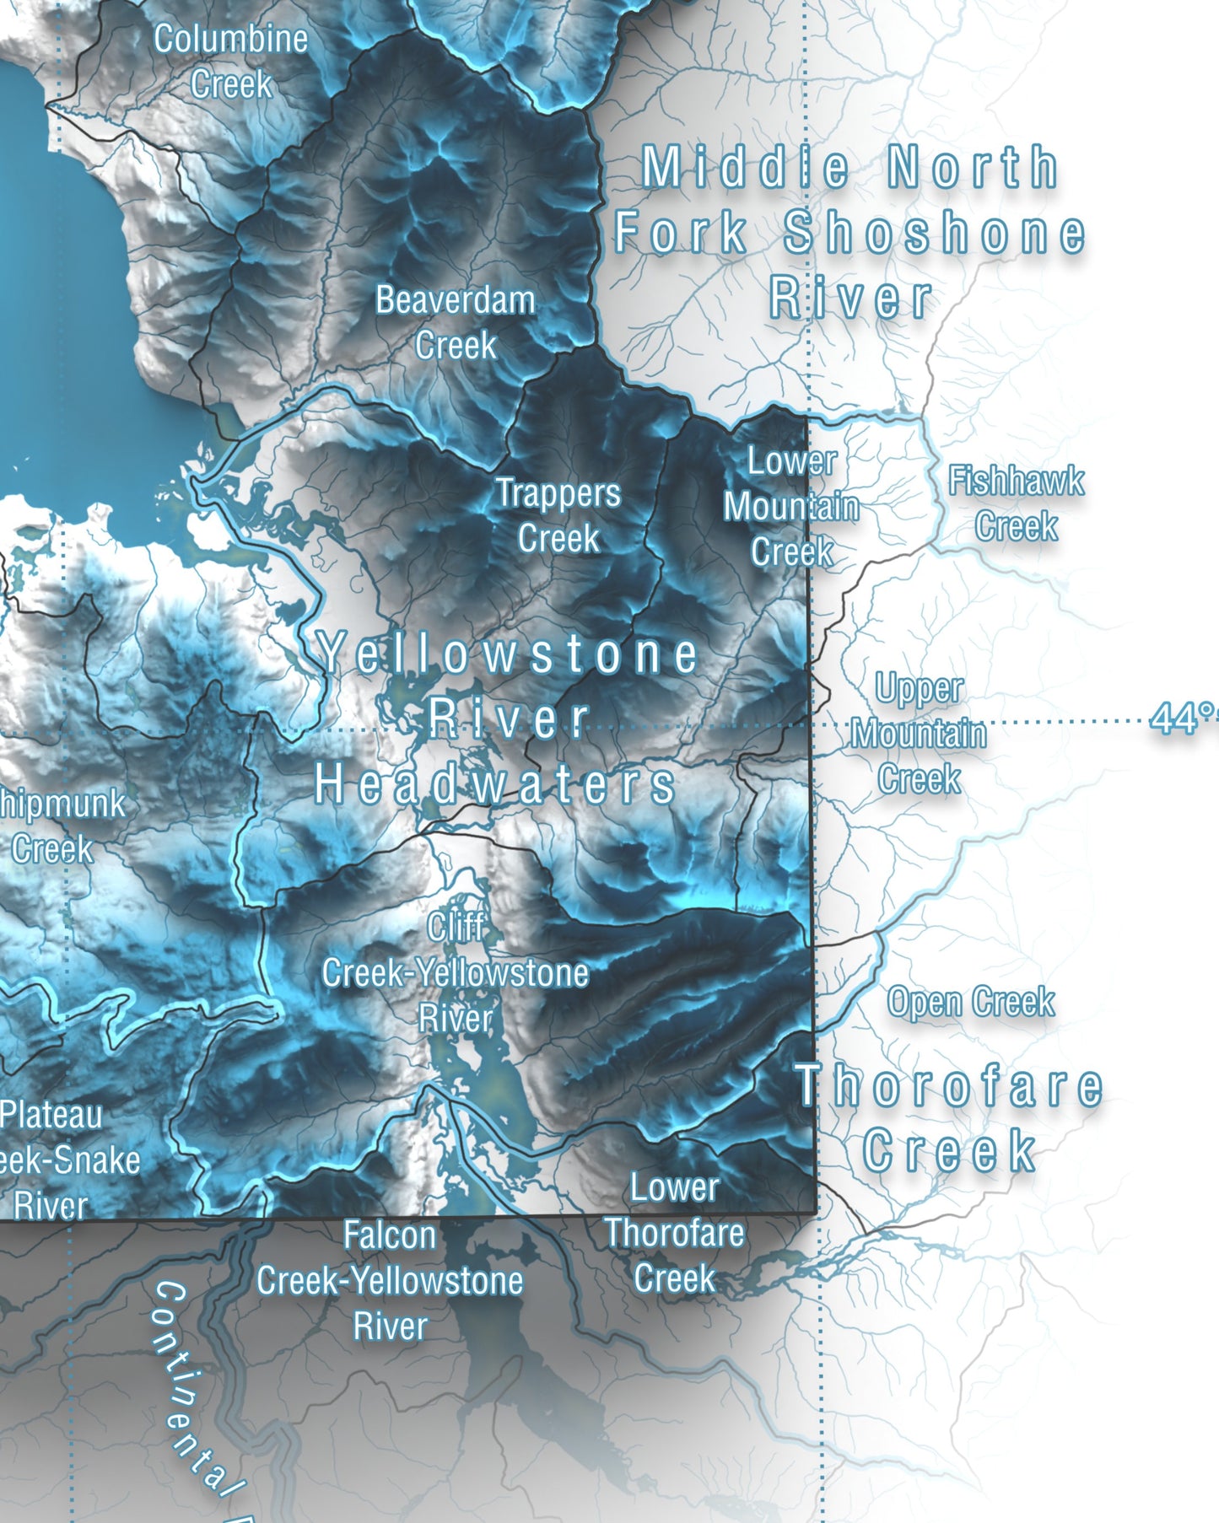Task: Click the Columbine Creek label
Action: pyautogui.click(x=230, y=62)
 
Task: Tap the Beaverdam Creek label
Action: pyautogui.click(x=456, y=322)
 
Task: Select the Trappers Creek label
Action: pyautogui.click(x=558, y=515)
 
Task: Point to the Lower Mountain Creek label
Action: pyautogui.click(x=791, y=506)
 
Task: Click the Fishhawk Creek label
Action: pyautogui.click(x=1017, y=503)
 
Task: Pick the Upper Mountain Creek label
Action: pyautogui.click(x=919, y=734)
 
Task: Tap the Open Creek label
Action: pyautogui.click(x=971, y=1002)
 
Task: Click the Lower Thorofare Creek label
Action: pyautogui.click(x=675, y=1233)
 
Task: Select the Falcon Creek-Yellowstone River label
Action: pyautogui.click(x=390, y=1281)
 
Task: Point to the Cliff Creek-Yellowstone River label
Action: pyautogui.click(x=456, y=972)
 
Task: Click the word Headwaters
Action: pyautogui.click(x=495, y=784)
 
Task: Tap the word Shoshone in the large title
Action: pyautogui.click(x=935, y=233)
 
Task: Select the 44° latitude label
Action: pyautogui.click(x=1184, y=719)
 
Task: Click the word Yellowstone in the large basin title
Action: pyautogui.click(x=509, y=654)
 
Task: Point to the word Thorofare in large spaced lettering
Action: pyautogui.click(x=950, y=1086)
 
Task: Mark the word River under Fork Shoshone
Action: pyautogui.click(x=850, y=298)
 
